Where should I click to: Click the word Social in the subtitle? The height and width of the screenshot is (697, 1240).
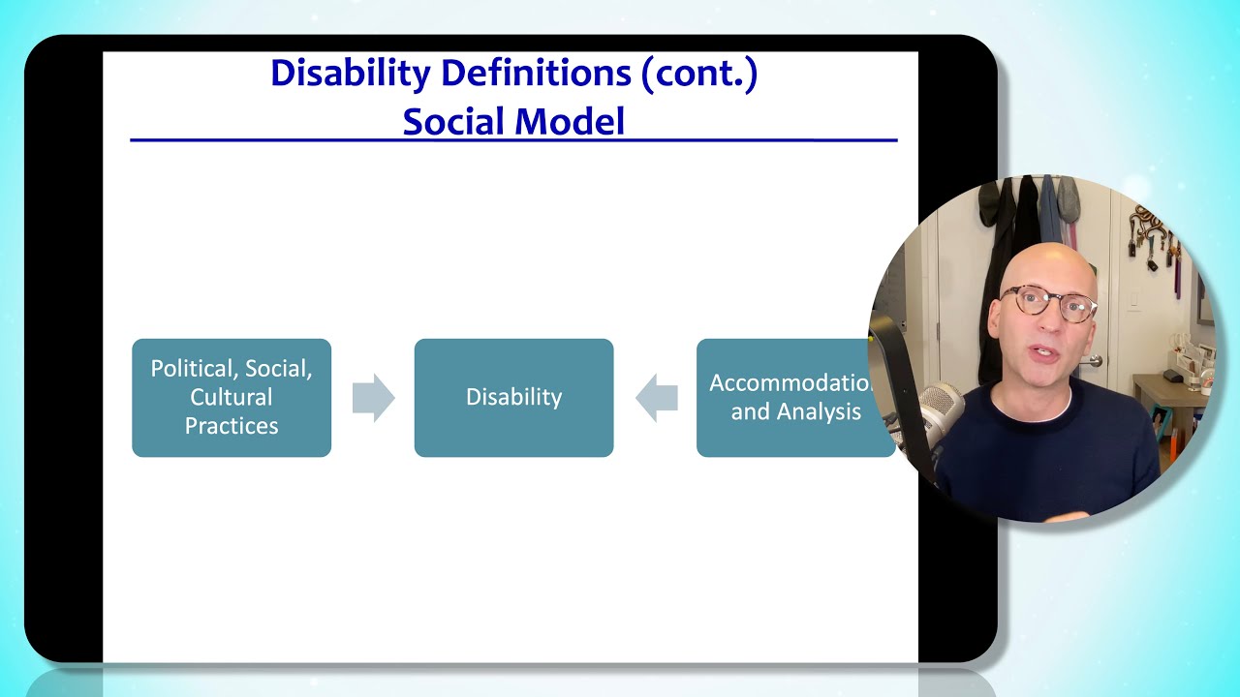[x=453, y=122]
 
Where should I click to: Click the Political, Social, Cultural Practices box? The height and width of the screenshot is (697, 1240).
[x=232, y=398]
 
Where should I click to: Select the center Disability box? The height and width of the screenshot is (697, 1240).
[x=513, y=398]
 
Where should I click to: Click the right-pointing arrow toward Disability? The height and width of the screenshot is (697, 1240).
[x=373, y=398]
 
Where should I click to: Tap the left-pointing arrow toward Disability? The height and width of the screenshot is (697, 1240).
[x=656, y=398]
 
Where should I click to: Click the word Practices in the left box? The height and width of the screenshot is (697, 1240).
[x=232, y=426]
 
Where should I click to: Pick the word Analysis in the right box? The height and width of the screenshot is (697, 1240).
[x=822, y=411]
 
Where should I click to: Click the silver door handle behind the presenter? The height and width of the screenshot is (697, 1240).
[x=1094, y=360]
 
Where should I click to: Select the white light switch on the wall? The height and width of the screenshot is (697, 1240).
[x=1134, y=301]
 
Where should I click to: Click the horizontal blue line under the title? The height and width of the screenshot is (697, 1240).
[x=513, y=141]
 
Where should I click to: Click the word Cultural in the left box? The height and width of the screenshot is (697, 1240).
[x=232, y=397]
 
